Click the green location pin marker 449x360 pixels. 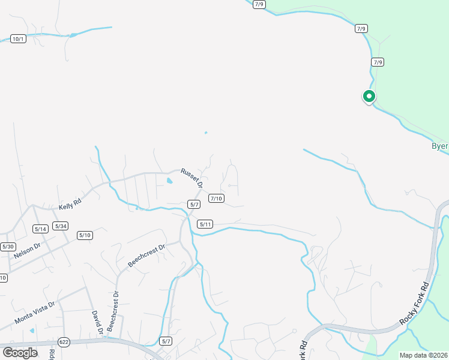tap(369, 96)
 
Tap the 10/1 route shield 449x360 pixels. tap(19, 39)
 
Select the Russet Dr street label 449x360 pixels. tap(192, 176)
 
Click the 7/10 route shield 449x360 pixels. tap(216, 199)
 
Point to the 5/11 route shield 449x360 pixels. tap(205, 224)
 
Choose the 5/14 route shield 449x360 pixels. tap(41, 229)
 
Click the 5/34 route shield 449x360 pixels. tap(61, 226)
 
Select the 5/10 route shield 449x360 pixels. tap(85, 235)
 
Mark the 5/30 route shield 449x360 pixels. tap(8, 247)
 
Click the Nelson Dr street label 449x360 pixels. tap(28, 250)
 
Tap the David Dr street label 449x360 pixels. tap(95, 322)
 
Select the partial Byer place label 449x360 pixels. tap(440, 146)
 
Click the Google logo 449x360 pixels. tap(20, 352)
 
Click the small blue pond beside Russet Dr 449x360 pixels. tap(169, 181)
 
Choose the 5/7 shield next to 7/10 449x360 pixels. tap(194, 205)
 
